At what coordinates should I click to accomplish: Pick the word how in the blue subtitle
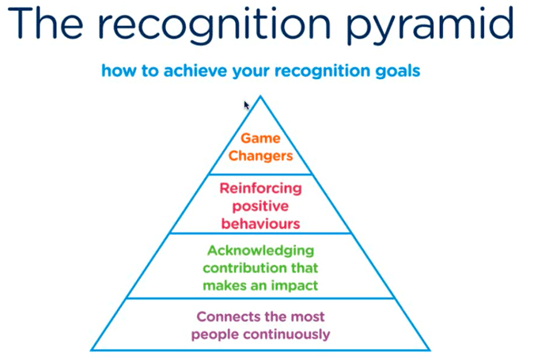[116, 71]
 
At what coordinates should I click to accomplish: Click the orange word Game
[260, 138]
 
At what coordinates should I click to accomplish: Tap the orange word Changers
[260, 156]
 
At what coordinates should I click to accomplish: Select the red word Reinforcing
[260, 188]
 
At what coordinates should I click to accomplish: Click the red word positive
[260, 206]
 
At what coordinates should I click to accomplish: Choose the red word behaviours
[260, 223]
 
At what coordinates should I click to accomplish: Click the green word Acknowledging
[260, 251]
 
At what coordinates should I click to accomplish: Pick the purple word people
[215, 334]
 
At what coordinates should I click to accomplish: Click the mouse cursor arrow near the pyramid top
[247, 104]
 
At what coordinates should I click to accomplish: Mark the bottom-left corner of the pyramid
[91, 350]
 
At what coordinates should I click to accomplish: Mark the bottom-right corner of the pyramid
[430, 350]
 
